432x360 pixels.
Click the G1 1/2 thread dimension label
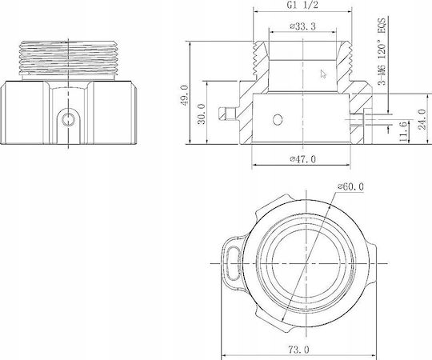tap(302, 5)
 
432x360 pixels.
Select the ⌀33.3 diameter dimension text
tap(302, 26)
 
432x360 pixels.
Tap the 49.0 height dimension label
tap(185, 95)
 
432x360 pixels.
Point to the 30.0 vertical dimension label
tap(202, 114)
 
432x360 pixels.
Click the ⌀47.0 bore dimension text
tap(302, 159)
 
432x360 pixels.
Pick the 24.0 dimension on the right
tap(422, 119)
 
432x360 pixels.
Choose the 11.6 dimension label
tap(402, 132)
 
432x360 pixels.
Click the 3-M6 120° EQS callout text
tap(382, 51)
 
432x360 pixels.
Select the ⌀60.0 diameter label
tap(350, 186)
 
